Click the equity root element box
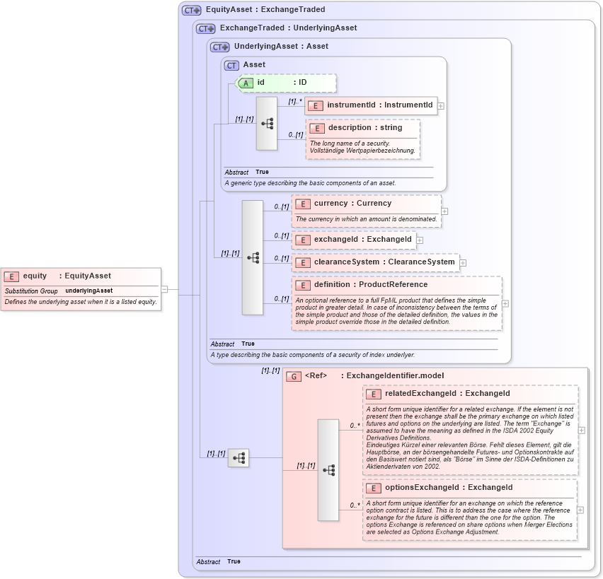(x=67, y=276)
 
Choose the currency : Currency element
(x=352, y=204)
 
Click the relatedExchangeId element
(x=437, y=394)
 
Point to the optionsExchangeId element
(x=439, y=488)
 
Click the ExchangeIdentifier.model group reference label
(x=395, y=375)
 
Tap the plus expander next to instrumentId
(x=441, y=105)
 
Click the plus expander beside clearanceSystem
(x=463, y=262)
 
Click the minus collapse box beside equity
(x=164, y=288)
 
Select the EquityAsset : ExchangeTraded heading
(x=265, y=11)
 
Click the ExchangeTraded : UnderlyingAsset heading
(x=288, y=28)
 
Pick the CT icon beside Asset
(x=231, y=65)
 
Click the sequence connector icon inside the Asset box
(x=267, y=124)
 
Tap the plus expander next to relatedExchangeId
(x=582, y=430)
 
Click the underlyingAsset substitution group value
(x=89, y=291)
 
